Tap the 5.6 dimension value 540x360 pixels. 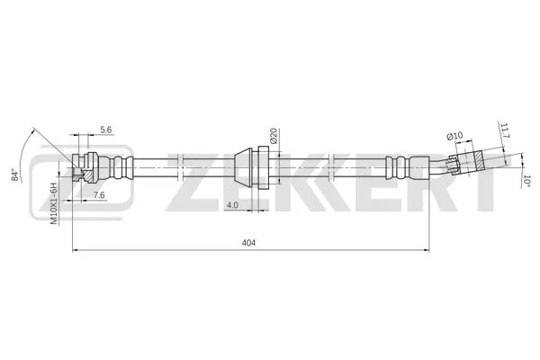click(x=106, y=130)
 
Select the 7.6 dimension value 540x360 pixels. click(x=99, y=194)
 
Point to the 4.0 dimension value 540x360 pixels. click(x=232, y=205)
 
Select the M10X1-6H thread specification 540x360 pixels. click(x=54, y=202)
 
